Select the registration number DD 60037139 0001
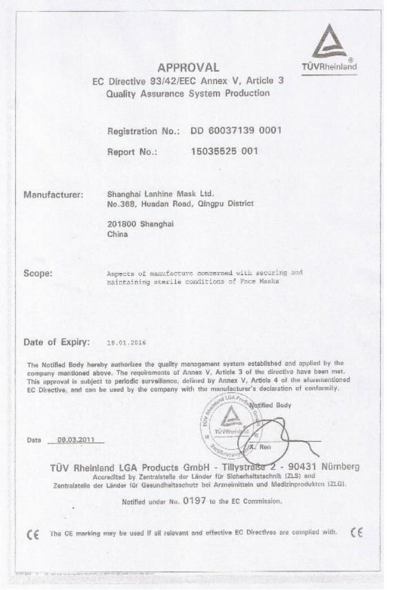[x=235, y=131]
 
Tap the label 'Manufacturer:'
[x=54, y=195]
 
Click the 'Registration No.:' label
[x=143, y=131]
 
